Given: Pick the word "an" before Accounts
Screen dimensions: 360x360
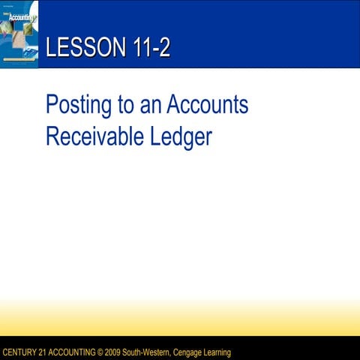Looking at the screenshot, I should click(x=151, y=105).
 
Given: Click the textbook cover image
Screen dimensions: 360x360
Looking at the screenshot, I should click(x=19, y=34).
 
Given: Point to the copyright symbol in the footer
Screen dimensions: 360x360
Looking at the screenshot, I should click(x=102, y=352).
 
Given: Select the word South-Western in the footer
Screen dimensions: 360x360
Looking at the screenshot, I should click(x=151, y=352).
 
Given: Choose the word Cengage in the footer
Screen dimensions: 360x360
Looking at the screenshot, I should click(x=191, y=352).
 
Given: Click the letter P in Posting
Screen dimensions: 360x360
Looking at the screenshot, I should click(x=52, y=105).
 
